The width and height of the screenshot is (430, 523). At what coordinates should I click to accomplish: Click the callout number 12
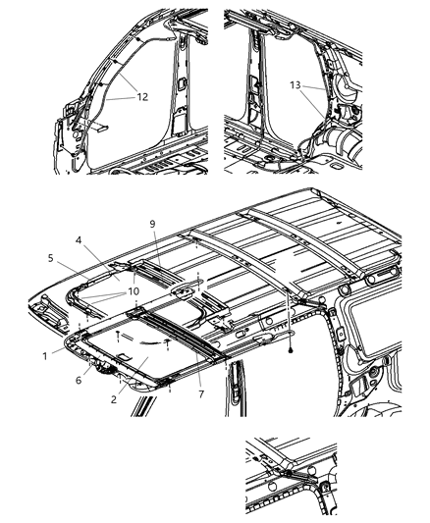(142, 96)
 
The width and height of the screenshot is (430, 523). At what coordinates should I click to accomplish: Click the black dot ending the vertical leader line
(292, 349)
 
